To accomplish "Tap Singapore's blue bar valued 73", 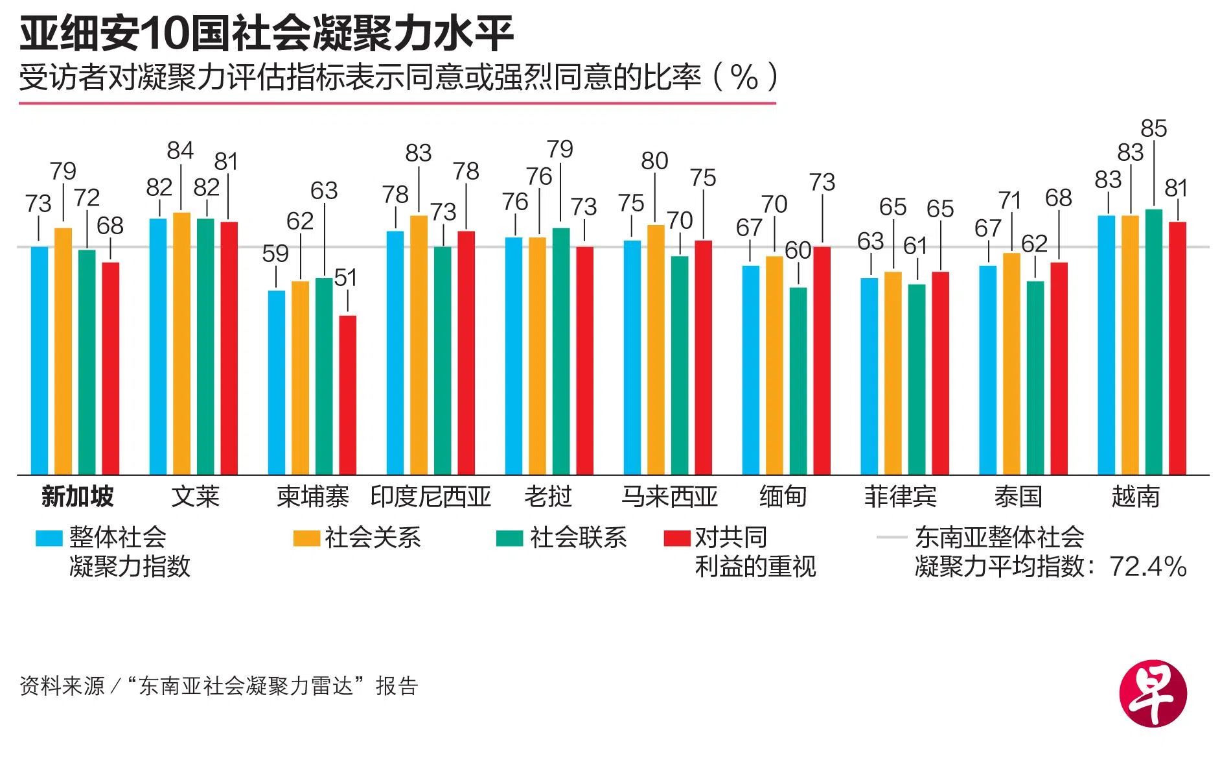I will tap(40, 360).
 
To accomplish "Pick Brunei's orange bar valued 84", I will tap(181, 343).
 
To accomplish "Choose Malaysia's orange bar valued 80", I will tap(656, 350).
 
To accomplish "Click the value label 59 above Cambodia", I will tap(275, 254).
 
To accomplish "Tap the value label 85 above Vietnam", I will tap(1154, 129).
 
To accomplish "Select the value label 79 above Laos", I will tap(560, 150).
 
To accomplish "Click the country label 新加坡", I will tap(77, 497).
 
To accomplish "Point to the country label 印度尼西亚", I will tap(431, 497).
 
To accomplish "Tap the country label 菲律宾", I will tap(900, 497).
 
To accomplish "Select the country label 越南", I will tap(1135, 497).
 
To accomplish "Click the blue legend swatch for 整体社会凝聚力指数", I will tap(49, 538).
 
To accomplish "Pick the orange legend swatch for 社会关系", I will tap(306, 538).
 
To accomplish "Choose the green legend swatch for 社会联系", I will tap(509, 538).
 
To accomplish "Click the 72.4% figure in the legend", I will tap(1148, 567).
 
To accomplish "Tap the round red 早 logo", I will tap(1153, 693).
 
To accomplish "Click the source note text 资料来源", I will tap(62, 686).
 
